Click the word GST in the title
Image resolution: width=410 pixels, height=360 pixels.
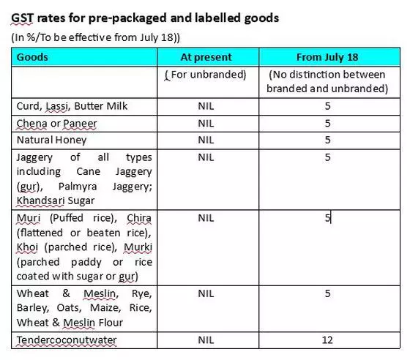click(22, 18)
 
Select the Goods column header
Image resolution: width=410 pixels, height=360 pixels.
click(32, 57)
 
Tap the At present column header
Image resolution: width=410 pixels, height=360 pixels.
click(206, 57)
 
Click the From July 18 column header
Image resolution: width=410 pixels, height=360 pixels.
click(327, 57)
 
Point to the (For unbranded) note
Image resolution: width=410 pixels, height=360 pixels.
click(206, 75)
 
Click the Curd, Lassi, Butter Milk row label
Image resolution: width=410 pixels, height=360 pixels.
click(72, 106)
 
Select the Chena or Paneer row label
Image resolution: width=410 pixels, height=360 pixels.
click(57, 124)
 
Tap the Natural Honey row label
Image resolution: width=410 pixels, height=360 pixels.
click(51, 140)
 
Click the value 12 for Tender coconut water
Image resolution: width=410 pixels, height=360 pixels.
click(327, 340)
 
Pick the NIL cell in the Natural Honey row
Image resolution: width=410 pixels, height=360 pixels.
click(206, 140)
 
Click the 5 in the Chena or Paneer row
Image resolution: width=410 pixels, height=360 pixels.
click(328, 124)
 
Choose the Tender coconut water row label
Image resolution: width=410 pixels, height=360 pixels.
click(67, 340)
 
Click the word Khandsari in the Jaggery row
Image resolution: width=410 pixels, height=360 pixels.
click(40, 200)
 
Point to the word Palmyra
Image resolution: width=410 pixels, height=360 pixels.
click(78, 187)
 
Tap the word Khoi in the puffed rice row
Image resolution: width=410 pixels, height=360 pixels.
click(28, 247)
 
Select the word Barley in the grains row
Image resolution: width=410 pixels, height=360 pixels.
click(33, 308)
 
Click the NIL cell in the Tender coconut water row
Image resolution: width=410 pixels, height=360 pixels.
click(206, 340)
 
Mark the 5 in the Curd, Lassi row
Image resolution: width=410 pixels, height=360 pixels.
click(328, 106)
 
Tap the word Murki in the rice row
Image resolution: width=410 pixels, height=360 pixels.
click(138, 247)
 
